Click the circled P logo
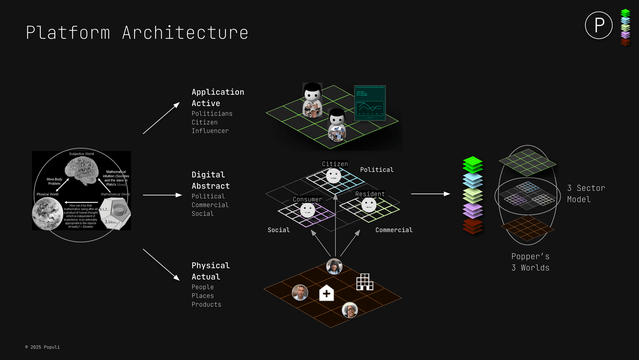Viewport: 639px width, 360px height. (598, 25)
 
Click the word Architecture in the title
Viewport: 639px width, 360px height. (185, 33)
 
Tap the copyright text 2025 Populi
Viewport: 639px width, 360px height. (43, 347)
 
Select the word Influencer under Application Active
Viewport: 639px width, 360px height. (210, 131)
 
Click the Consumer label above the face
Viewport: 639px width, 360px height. (307, 199)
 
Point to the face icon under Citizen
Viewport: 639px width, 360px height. (333, 176)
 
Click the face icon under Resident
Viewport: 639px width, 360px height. (369, 205)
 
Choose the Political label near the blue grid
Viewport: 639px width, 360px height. (377, 170)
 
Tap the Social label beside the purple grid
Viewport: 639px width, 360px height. (279, 230)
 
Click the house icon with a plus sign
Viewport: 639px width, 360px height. (326, 293)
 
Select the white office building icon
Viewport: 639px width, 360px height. (364, 282)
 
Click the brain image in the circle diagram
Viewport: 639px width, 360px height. (82, 171)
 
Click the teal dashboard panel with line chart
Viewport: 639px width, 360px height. (370, 103)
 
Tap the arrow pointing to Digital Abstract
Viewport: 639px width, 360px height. (162, 195)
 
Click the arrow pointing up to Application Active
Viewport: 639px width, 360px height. (161, 118)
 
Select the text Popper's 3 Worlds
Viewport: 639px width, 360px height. (530, 262)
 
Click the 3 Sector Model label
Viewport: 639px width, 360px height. (585, 193)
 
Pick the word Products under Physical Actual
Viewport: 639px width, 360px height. (206, 304)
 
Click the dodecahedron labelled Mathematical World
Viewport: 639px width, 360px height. (115, 213)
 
